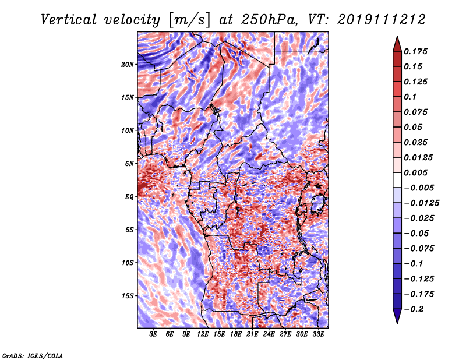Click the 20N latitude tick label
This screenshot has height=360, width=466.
pos(128,65)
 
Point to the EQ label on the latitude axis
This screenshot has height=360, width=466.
pos(129,197)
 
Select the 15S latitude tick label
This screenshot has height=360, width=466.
pos(128,296)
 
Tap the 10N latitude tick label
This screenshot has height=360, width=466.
pos(128,130)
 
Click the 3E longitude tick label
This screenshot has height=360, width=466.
pos(153,334)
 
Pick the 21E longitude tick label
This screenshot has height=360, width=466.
pos(252,334)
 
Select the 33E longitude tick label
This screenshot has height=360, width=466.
pos(318,334)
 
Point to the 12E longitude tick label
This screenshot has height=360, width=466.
pos(202,334)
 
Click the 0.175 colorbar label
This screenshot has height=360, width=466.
pos(415,51)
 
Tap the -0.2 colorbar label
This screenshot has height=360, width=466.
pos(414,309)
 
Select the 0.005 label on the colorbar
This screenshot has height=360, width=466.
pos(415,172)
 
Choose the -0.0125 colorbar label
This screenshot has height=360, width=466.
pos(421,203)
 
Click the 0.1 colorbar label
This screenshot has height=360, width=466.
pos(410,97)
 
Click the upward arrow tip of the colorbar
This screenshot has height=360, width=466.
pos(397,36)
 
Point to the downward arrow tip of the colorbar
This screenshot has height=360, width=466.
pos(397,323)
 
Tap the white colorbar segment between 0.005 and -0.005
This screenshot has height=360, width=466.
pos(397,180)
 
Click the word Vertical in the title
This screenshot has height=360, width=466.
pos(69,20)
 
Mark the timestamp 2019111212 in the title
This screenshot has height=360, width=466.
pos(382,20)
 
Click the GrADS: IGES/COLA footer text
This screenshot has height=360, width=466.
pos(33,356)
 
